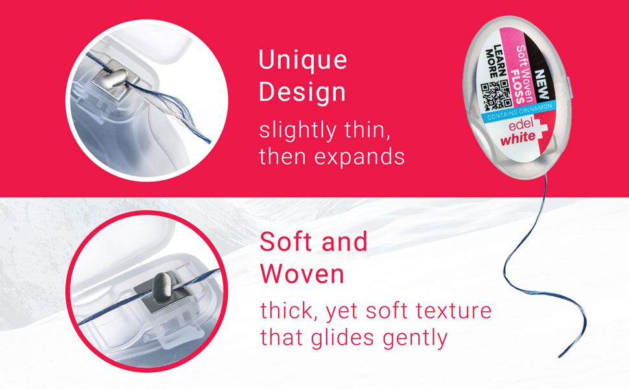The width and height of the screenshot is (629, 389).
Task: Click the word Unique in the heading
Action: point(303,60)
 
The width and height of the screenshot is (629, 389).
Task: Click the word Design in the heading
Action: point(302,92)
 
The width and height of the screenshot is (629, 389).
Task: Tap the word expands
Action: point(360,157)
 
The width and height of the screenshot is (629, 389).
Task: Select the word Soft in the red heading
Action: point(285,242)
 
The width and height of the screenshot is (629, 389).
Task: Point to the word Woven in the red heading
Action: point(302,274)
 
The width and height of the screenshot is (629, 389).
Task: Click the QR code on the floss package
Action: point(496,95)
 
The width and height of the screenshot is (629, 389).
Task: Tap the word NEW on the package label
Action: point(542,85)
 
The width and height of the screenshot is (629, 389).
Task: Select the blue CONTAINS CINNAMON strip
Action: point(519,112)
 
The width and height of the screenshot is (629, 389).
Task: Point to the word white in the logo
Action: point(518,138)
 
